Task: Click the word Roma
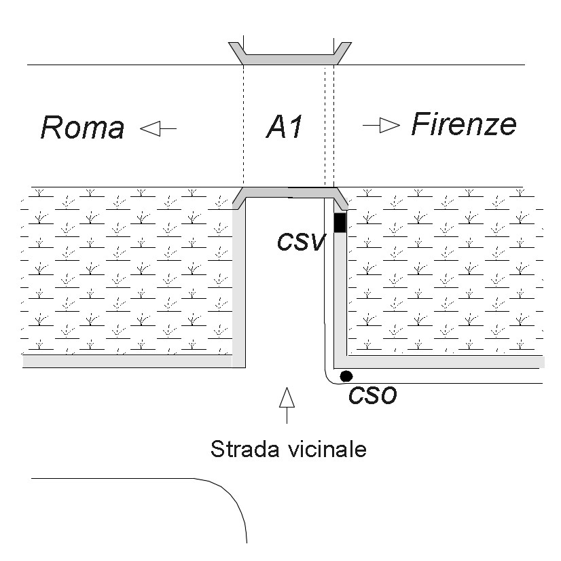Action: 83,128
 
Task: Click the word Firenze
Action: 464,124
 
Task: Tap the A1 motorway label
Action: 285,126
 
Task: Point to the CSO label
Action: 372,396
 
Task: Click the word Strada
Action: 245,449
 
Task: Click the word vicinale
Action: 328,449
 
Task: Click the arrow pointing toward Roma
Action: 158,128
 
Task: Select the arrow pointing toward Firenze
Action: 382,125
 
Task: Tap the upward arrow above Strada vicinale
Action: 287,405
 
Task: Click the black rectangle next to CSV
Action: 340,223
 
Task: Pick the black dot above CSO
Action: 346,376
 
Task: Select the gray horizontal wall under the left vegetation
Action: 128,361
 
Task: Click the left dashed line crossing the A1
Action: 243,126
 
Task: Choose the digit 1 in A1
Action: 295,126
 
